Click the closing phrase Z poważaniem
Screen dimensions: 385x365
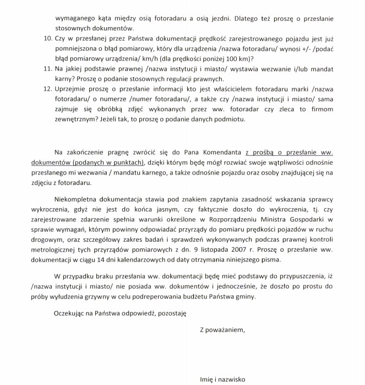222,330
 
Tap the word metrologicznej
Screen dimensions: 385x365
79,250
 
